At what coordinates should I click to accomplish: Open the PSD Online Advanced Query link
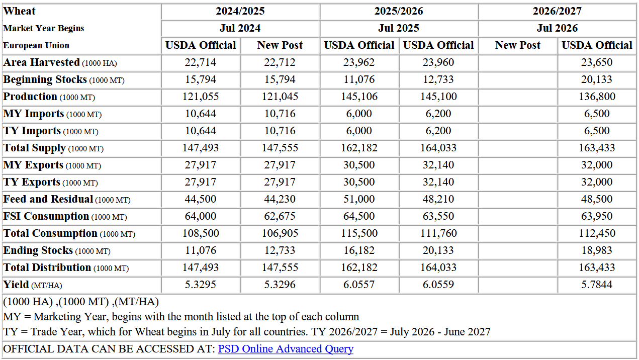(286, 349)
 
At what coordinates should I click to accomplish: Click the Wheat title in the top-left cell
(20, 11)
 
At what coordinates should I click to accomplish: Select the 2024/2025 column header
(240, 11)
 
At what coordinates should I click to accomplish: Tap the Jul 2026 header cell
(557, 28)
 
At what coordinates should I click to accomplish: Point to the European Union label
(36, 45)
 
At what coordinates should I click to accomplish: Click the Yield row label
(16, 285)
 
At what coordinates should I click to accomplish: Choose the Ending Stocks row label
(38, 250)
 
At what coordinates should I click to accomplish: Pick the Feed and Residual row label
(48, 199)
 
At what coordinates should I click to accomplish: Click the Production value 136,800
(597, 97)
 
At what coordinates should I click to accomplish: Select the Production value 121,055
(201, 97)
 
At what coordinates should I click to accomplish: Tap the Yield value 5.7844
(597, 285)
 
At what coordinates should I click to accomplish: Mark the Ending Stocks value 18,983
(597, 250)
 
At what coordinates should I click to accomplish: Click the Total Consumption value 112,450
(597, 233)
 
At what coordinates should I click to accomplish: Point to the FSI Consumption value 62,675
(280, 216)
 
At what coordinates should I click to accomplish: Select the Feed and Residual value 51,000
(359, 199)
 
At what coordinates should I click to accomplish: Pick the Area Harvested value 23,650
(597, 62)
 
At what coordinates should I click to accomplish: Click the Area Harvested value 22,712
(280, 62)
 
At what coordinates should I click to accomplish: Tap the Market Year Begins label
(44, 28)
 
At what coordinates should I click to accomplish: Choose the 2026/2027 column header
(557, 11)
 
